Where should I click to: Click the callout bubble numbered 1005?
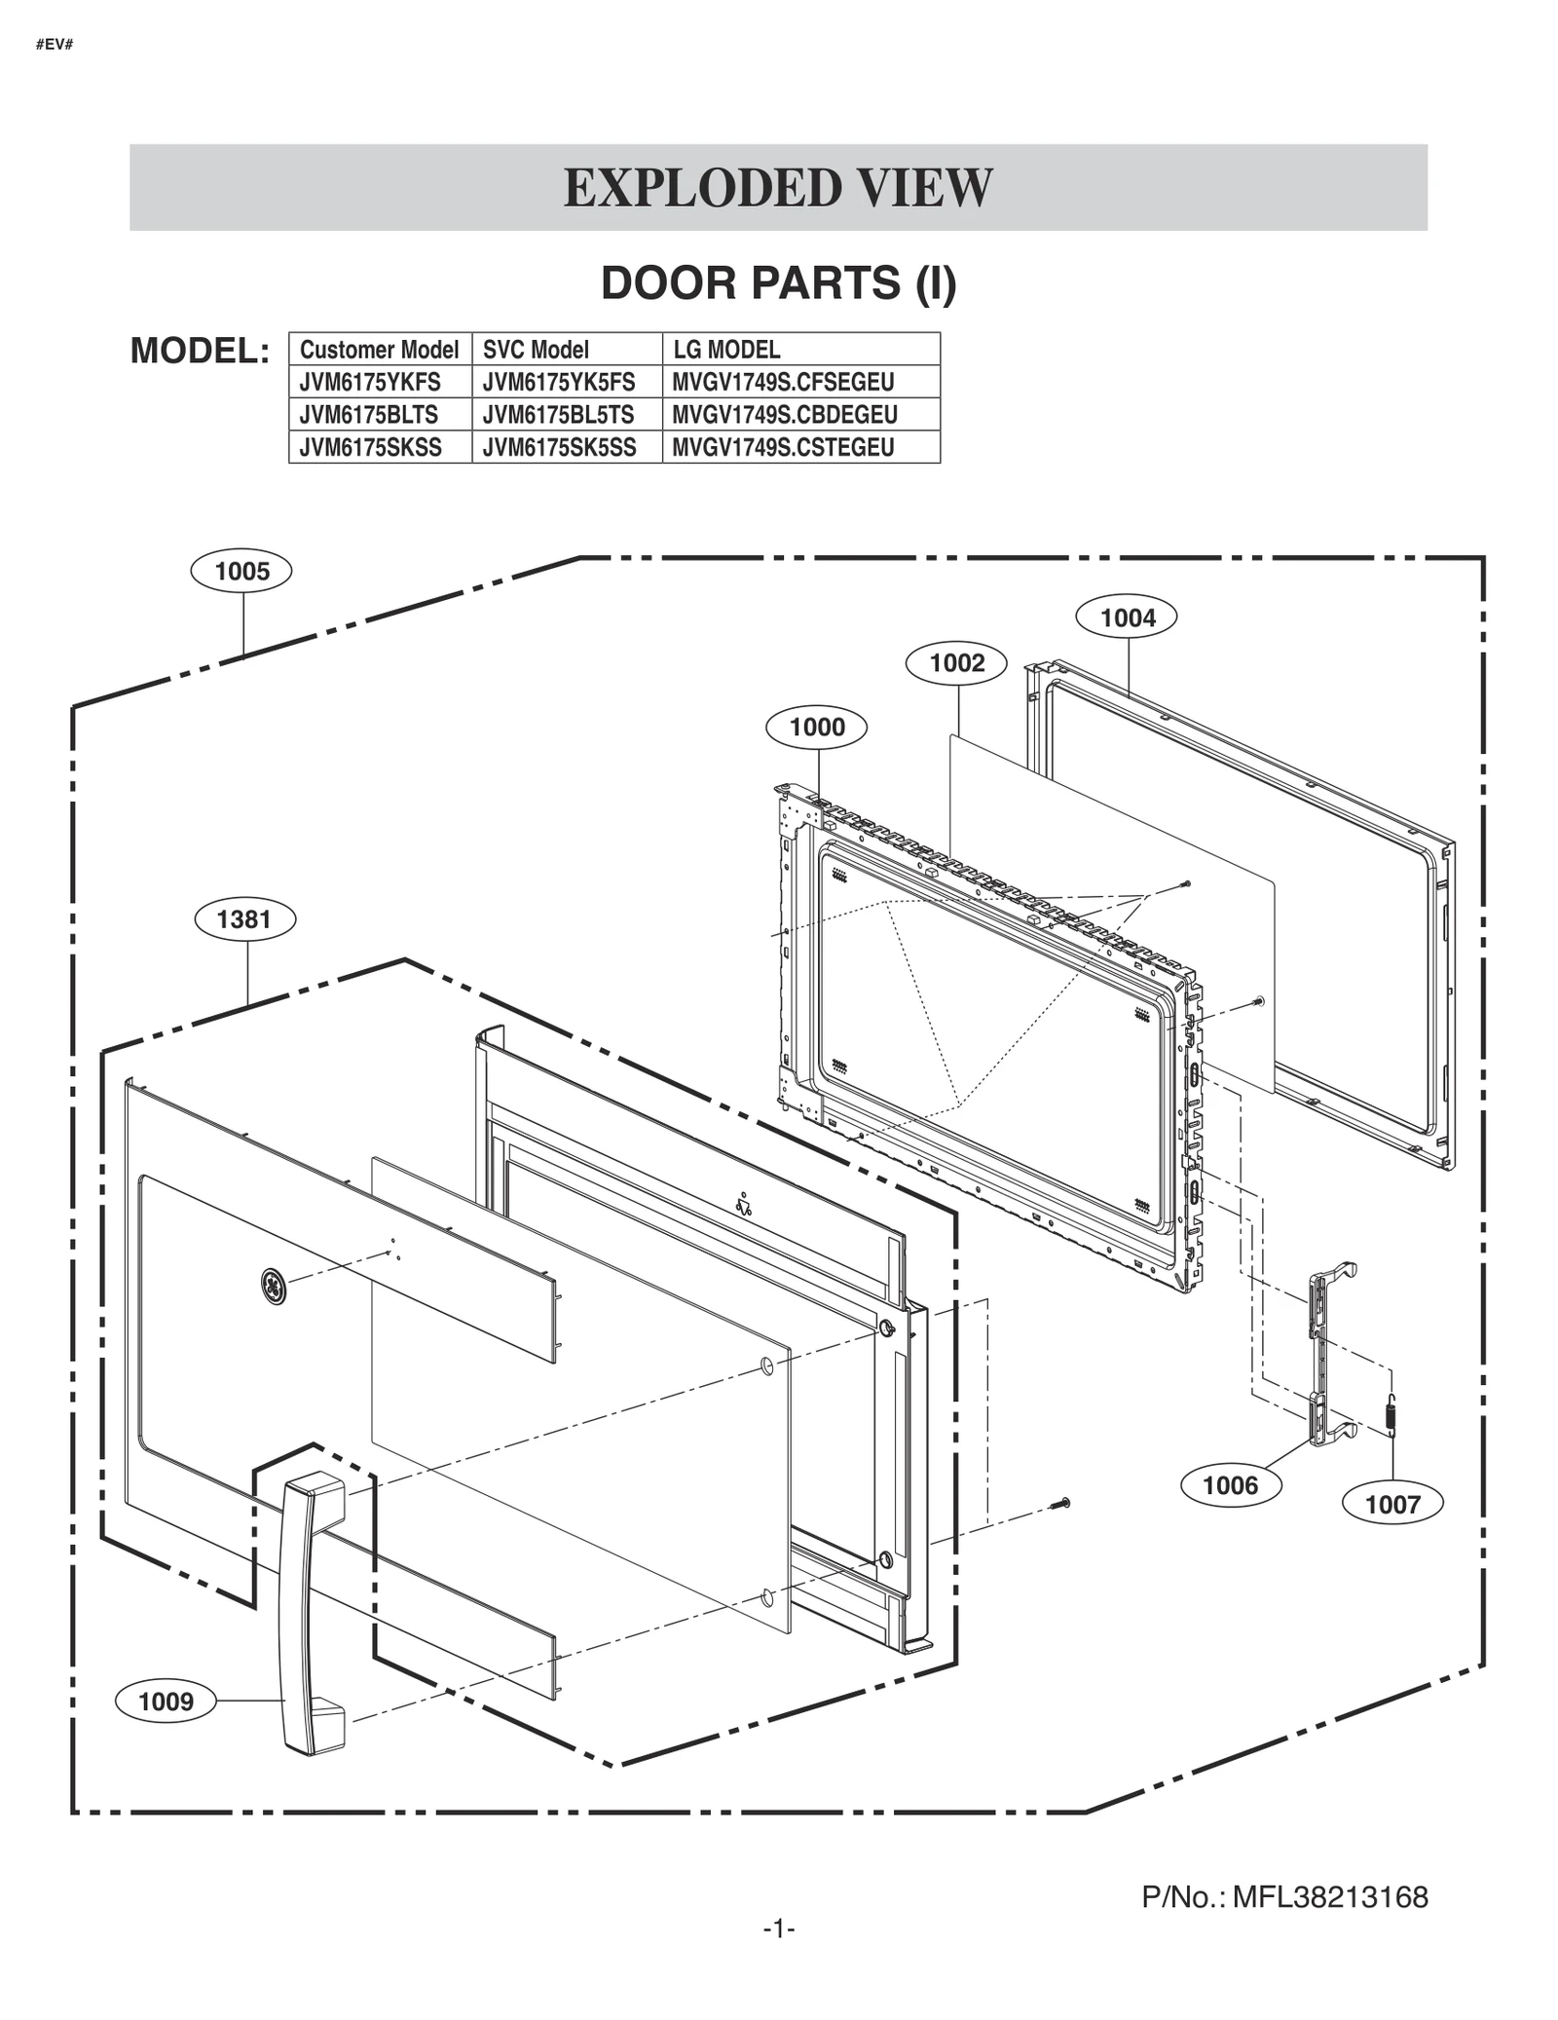click(241, 571)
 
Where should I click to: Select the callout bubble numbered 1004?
click(1127, 617)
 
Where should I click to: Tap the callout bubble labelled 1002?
click(956, 663)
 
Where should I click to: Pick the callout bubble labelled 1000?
click(816, 728)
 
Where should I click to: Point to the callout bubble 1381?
click(244, 919)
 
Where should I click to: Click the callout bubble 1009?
click(166, 1702)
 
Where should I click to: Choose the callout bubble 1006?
click(1230, 1485)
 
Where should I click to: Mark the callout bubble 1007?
click(1391, 1504)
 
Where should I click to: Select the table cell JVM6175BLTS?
click(369, 415)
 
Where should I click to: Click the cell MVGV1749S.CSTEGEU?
click(783, 447)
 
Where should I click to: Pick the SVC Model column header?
click(536, 350)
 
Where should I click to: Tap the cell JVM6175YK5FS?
click(558, 382)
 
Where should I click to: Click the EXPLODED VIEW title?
click(778, 188)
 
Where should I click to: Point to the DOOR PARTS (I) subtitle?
click(778, 283)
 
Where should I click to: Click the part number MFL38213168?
click(1329, 1897)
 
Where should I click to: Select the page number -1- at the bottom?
click(778, 1928)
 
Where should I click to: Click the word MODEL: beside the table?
click(200, 351)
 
